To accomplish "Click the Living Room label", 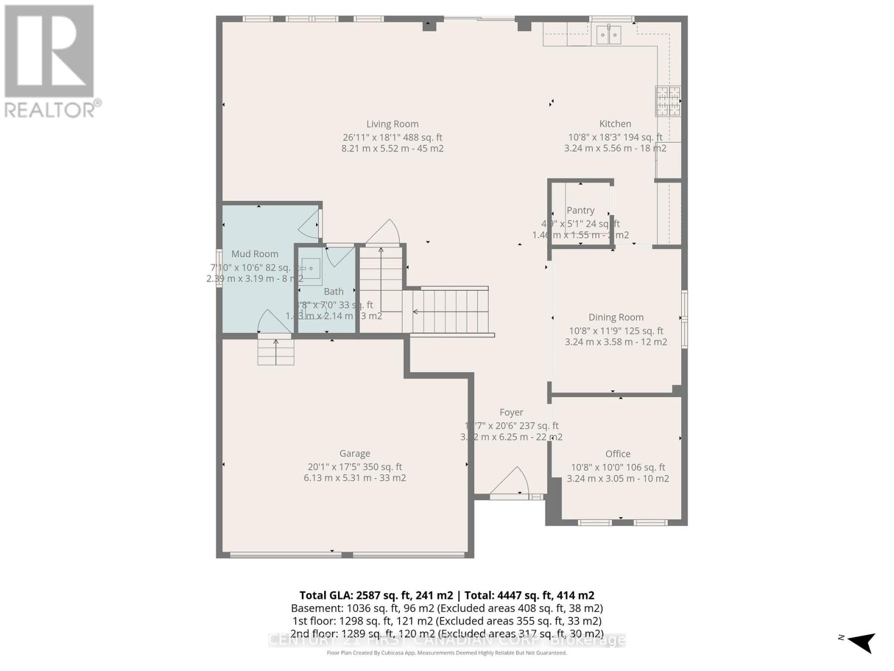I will coord(392,124).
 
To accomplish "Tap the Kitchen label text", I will coord(615,124).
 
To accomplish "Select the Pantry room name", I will coord(581,210).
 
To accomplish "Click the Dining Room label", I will coord(616,317).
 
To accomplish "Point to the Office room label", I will coord(618,454).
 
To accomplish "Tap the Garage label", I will coord(355,453).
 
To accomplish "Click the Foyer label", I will coord(511,412).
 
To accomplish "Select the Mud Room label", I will coord(255,254).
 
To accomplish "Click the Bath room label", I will coord(334,291).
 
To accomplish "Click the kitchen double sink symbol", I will coord(608,35).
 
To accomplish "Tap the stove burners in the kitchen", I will coord(668,101).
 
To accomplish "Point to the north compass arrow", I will coord(862,641).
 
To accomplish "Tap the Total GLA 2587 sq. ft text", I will coord(377,596).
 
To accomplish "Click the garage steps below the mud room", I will coord(275,352).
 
